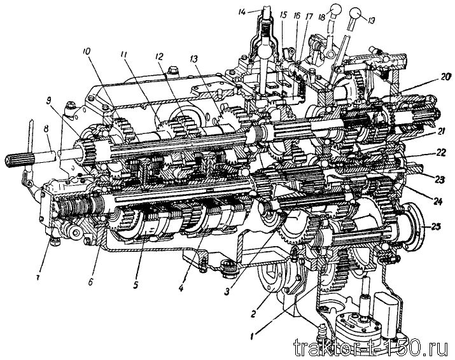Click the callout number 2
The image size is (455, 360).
tap(253, 314)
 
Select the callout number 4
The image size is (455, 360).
tap(181, 288)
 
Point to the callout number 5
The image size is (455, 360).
tap(136, 285)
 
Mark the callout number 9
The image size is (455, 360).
tap(48, 102)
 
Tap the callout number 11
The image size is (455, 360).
tap(125, 55)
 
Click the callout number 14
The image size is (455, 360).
tap(242, 12)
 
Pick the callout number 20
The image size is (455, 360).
tap(445, 76)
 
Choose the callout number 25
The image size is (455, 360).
tap(435, 226)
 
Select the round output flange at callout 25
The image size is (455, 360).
tap(412, 228)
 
